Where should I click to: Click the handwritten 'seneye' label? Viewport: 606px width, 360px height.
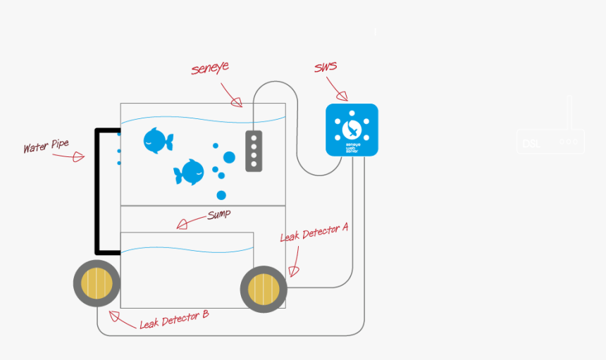(x=210, y=68)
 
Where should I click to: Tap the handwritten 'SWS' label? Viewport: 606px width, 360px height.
(x=325, y=67)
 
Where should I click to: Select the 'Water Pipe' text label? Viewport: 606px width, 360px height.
(x=46, y=146)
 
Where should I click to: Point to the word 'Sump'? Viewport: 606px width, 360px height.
(x=218, y=214)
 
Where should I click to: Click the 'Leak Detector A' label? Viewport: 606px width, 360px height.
(x=314, y=232)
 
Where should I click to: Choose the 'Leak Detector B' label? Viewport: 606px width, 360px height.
(x=174, y=319)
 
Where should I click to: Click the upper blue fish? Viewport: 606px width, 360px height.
(x=157, y=140)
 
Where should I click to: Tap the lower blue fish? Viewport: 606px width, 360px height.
(x=189, y=173)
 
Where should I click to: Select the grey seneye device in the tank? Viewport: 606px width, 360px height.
(x=254, y=151)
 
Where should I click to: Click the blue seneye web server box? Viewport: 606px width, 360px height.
(x=352, y=130)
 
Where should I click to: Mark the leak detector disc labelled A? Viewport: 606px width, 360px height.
(x=264, y=289)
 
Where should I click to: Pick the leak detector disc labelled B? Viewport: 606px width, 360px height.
(x=97, y=283)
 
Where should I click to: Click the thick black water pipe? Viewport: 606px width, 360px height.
(x=98, y=190)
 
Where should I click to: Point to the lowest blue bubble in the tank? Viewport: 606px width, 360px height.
(x=221, y=195)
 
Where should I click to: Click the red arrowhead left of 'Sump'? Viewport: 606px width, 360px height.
(x=183, y=224)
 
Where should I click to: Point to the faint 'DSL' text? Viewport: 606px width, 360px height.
(x=531, y=144)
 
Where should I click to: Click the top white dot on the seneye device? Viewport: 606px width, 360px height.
(x=254, y=137)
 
